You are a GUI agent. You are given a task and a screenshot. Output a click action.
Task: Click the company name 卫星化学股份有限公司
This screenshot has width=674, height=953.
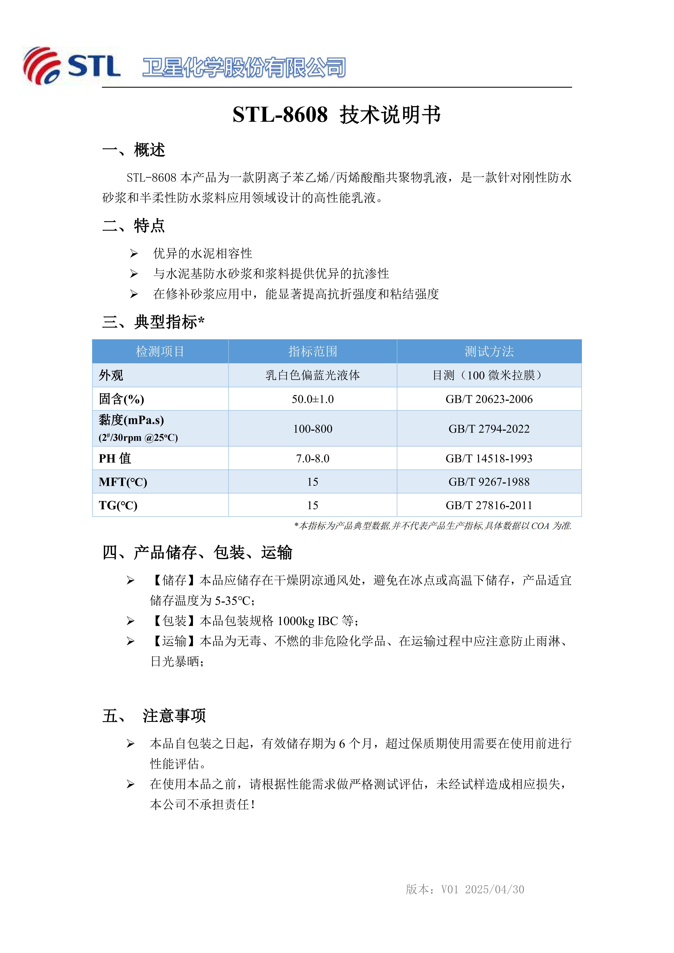tap(244, 67)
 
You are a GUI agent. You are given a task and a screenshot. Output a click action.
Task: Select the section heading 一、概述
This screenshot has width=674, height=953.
tap(134, 150)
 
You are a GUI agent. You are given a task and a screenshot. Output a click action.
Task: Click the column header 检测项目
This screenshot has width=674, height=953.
tap(160, 351)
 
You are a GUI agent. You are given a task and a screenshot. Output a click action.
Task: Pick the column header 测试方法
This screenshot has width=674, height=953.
tap(489, 351)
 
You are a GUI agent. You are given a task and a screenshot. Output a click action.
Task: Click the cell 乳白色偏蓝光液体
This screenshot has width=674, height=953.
tap(312, 375)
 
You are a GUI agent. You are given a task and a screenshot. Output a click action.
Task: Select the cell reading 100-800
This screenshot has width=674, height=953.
tap(312, 429)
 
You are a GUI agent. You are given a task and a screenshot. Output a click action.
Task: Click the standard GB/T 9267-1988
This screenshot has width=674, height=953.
tap(489, 482)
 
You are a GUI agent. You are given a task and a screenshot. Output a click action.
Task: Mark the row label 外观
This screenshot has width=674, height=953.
tap(111, 375)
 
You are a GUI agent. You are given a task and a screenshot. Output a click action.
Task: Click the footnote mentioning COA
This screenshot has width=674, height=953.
tap(433, 526)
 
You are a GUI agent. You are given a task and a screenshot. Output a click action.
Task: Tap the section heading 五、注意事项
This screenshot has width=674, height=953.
tap(154, 715)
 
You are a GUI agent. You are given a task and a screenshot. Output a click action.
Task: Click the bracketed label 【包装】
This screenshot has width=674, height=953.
tap(174, 621)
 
